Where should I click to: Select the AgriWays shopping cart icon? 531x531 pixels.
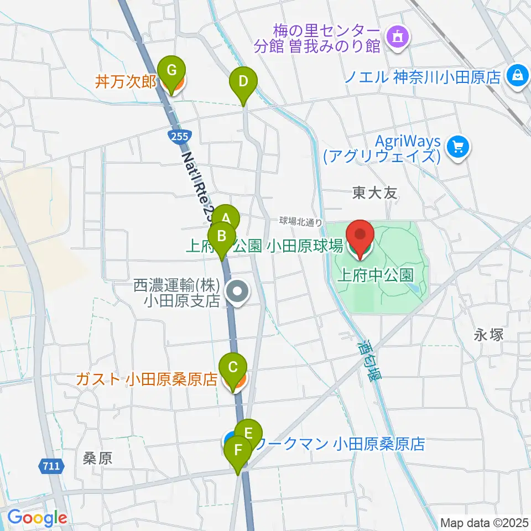tap(460, 147)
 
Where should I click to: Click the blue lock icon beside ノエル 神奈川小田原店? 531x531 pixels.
tap(518, 74)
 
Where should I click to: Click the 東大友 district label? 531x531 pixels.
tap(374, 193)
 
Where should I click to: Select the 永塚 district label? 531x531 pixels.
tap(487, 335)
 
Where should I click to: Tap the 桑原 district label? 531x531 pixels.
tap(98, 457)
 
